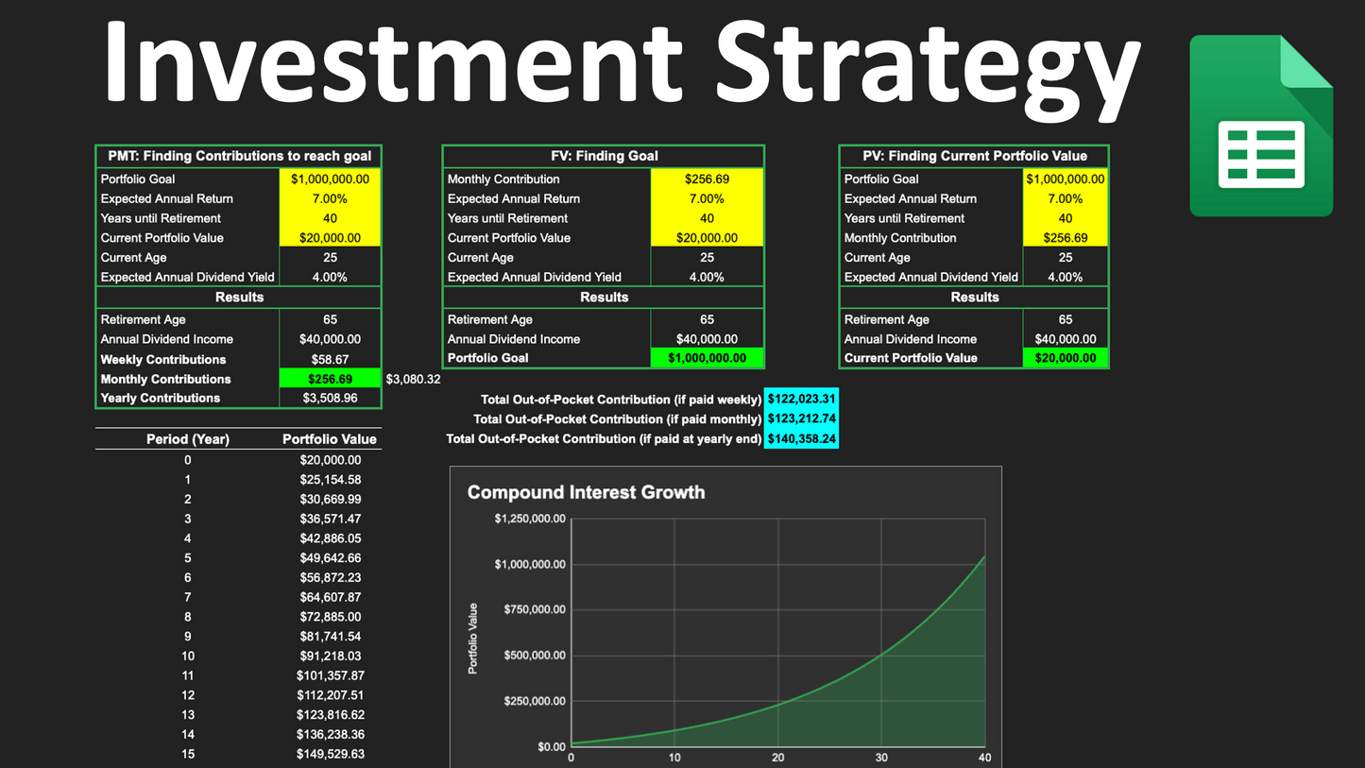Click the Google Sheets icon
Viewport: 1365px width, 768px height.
coord(1260,126)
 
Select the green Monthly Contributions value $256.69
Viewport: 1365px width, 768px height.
coord(330,379)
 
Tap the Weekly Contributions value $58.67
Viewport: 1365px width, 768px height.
coord(330,360)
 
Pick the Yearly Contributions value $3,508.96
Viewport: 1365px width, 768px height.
coord(330,399)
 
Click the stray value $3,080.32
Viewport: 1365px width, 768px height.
coord(413,379)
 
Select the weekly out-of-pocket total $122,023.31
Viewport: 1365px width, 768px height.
coord(801,400)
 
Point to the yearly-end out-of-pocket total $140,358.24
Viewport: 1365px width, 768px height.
coord(801,439)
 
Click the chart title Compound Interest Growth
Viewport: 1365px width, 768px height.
coord(586,492)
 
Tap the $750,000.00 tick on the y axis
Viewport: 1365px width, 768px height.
coord(530,609)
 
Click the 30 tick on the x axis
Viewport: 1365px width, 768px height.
coord(881,758)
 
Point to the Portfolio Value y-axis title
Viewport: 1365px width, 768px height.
coord(473,639)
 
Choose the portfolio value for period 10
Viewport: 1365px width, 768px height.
coord(330,657)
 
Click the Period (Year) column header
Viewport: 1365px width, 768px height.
coord(187,439)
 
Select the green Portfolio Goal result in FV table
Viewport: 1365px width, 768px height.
coord(707,358)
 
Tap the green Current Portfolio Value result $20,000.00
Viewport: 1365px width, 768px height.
coord(1065,358)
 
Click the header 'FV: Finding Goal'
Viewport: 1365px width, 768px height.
coord(604,156)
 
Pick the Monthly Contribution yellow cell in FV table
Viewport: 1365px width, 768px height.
coord(707,179)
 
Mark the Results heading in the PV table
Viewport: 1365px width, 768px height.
coord(974,298)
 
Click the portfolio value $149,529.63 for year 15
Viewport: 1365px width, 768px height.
coord(330,754)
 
